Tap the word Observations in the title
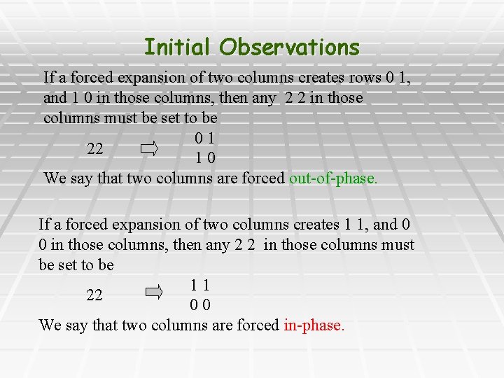coord(289,48)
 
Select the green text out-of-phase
coord(333,178)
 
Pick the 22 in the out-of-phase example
coord(95,149)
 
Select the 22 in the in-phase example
coord(94,295)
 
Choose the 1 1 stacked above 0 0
coord(200,286)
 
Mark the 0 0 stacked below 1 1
coord(200,306)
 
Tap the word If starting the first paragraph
coord(49,77)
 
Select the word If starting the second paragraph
coord(44,225)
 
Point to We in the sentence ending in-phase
coord(50,325)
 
